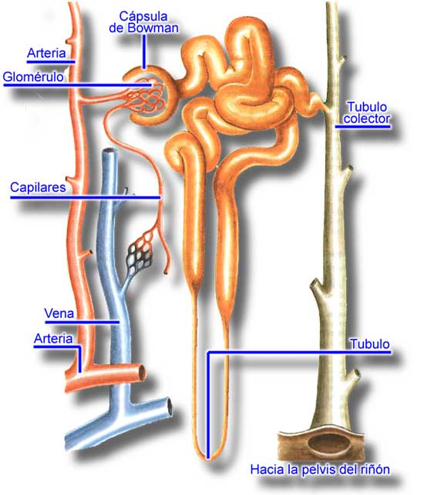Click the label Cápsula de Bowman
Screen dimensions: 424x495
143,22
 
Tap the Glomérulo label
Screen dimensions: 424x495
33,77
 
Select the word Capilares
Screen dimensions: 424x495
38,187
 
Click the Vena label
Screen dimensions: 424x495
59,313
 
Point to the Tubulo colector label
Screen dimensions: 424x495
367,112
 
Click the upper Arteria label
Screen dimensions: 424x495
46,53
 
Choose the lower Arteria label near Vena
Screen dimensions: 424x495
53,339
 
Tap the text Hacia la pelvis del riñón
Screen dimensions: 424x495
320,470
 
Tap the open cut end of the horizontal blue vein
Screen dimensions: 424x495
170,407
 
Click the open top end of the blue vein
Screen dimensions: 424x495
111,151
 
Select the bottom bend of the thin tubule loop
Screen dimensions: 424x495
207,457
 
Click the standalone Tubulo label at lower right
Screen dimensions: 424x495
369,344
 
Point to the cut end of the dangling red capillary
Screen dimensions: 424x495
166,271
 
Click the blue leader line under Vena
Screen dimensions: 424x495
82,323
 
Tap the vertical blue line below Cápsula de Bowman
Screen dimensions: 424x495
144,52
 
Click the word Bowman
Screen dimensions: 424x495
153,28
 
